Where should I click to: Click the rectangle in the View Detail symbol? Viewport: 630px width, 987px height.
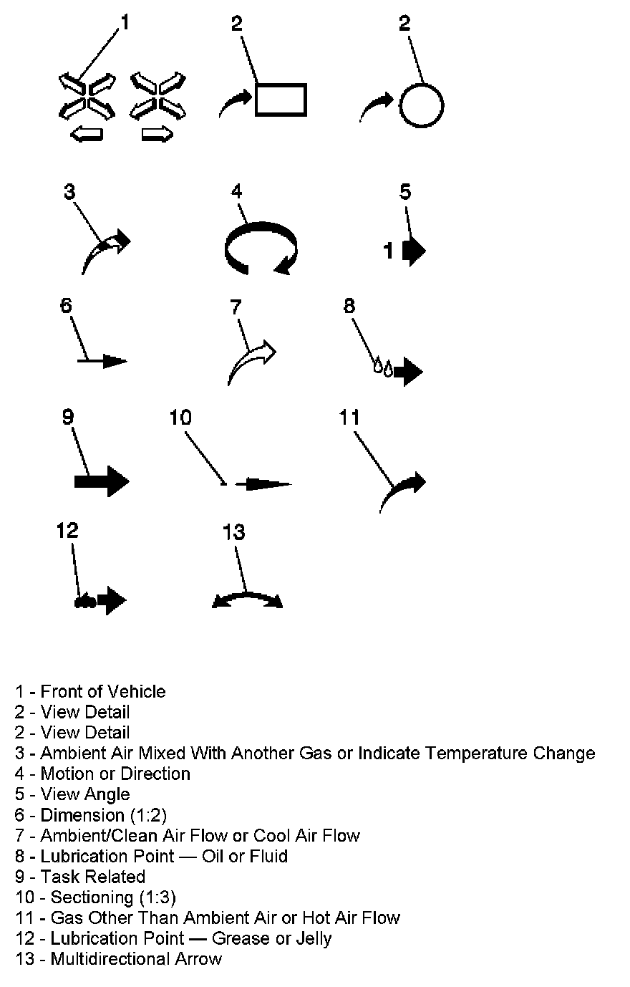pyautogui.click(x=281, y=99)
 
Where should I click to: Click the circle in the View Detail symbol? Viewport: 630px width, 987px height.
pyautogui.click(x=421, y=105)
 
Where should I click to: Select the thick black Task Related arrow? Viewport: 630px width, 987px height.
pyautogui.click(x=102, y=481)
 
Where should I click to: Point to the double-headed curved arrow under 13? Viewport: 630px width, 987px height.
pyautogui.click(x=247, y=598)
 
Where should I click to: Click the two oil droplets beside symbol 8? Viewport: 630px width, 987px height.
pyautogui.click(x=383, y=369)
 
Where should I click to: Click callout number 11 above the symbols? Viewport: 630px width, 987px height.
pyautogui.click(x=349, y=418)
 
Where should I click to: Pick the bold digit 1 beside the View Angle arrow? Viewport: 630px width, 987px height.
pyautogui.click(x=389, y=251)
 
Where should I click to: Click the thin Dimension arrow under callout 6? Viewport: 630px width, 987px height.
pyautogui.click(x=102, y=361)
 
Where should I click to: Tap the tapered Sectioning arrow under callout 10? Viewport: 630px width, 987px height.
pyautogui.click(x=263, y=484)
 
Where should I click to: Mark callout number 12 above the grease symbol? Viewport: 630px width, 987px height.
pyautogui.click(x=67, y=531)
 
